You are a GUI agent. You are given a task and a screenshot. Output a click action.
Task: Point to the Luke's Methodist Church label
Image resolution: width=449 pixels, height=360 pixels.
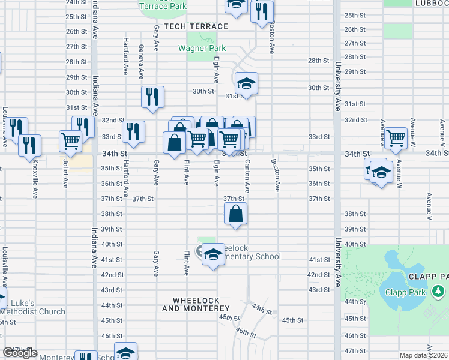(32, 307)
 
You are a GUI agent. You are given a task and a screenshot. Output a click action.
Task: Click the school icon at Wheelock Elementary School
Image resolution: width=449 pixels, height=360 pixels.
(212, 254)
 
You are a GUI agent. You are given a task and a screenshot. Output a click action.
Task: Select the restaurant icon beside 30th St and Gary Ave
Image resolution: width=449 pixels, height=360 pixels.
(152, 97)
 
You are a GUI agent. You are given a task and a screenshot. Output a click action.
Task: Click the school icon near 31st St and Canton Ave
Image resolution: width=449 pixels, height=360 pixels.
(246, 84)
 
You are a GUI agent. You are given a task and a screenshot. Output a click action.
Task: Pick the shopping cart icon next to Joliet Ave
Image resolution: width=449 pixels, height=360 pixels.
(70, 140)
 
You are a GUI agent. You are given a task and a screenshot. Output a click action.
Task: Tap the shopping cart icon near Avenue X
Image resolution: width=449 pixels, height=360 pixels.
(396, 138)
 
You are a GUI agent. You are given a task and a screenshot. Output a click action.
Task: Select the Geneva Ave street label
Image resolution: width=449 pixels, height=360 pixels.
(142, 61)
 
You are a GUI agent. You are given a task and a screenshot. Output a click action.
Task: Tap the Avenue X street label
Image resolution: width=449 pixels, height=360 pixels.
(382, 132)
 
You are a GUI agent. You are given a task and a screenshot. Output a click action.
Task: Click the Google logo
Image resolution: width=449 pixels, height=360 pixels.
(20, 353)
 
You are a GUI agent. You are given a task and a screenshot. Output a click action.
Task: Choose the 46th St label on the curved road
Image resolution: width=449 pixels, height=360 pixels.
(247, 331)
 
